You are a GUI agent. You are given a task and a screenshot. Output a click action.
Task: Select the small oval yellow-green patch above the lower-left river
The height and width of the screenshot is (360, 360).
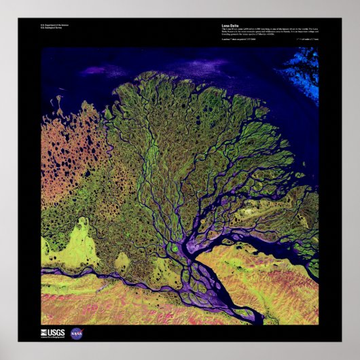[x=123, y=260]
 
